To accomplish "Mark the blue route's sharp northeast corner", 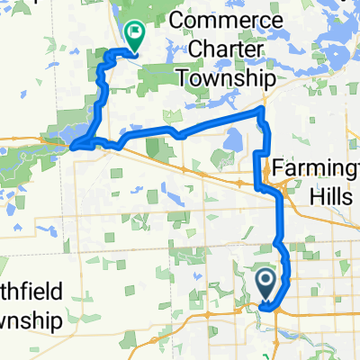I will tap(262, 109).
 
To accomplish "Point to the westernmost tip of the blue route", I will tap(71, 144).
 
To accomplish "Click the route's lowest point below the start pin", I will tap(267, 307).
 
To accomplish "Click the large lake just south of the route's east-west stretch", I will tap(232, 139).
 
